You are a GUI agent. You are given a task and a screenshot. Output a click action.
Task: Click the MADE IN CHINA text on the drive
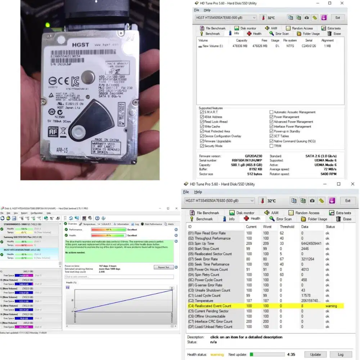[x=107, y=139]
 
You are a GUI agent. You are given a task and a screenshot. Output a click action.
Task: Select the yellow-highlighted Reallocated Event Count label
[x=210, y=306]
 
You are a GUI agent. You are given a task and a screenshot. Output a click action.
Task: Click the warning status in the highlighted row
[x=331, y=306]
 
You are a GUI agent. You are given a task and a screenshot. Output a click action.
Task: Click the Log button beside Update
[x=341, y=354]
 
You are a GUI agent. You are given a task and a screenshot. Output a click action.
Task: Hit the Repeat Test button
[x=164, y=267]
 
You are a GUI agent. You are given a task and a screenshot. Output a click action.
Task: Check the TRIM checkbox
[x=271, y=146]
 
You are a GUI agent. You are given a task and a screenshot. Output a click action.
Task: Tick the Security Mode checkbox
[x=202, y=146]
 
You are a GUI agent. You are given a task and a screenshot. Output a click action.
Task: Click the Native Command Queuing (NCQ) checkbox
[x=271, y=141]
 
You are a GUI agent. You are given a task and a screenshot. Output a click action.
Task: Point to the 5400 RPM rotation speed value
[x=329, y=174]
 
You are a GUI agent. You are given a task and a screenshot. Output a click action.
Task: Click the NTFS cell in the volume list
[x=290, y=46]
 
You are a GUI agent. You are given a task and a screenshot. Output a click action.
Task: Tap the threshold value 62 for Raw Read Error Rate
[x=282, y=233]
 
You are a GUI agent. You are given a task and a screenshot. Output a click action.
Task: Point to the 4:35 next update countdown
[x=292, y=354]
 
